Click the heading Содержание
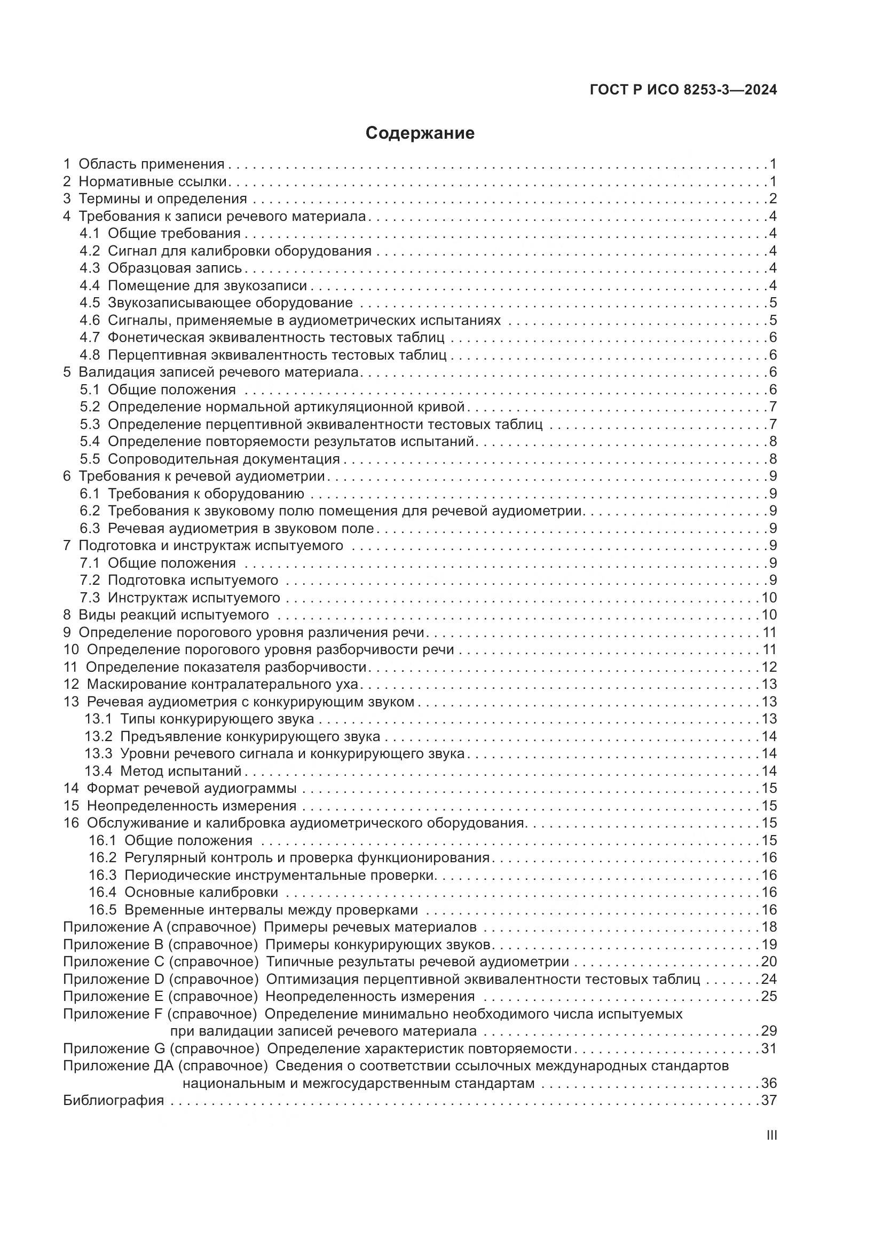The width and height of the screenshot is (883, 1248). pyautogui.click(x=420, y=133)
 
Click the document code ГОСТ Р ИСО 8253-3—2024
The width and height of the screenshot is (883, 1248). pyautogui.click(x=683, y=90)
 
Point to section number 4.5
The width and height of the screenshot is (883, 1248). pyautogui.click(x=90, y=303)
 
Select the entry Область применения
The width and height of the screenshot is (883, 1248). pyautogui.click(x=151, y=164)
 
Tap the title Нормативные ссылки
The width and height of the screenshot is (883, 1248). pyautogui.click(x=153, y=181)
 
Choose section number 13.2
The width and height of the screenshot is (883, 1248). pyautogui.click(x=98, y=736)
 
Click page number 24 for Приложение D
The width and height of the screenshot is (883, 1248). pyautogui.click(x=769, y=980)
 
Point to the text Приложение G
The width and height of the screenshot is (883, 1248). pyautogui.click(x=114, y=1049)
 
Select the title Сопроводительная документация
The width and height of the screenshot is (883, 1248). pyautogui.click(x=224, y=459)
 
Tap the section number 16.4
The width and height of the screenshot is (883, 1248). pyautogui.click(x=103, y=893)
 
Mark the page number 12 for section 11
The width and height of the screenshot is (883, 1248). pyautogui.click(x=769, y=667)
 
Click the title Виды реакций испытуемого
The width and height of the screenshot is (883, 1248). pyautogui.click(x=174, y=615)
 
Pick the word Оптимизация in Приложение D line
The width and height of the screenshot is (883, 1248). pyautogui.click(x=310, y=980)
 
